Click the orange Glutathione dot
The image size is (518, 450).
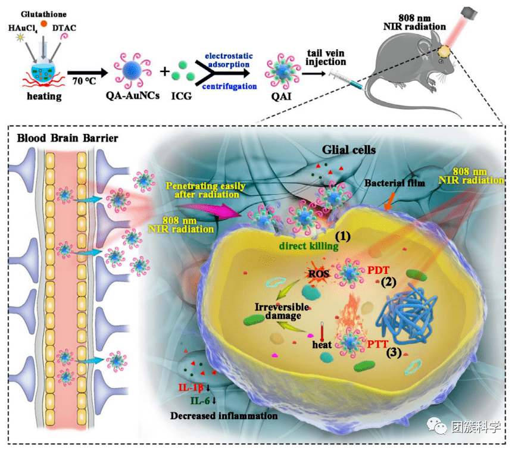[44, 23]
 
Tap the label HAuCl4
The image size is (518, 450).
[23, 29]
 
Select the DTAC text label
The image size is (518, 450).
[64, 28]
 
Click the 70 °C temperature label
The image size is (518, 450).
[84, 80]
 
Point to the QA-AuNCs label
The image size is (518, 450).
[132, 95]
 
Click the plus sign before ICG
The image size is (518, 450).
[164, 71]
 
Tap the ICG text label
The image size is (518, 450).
[182, 96]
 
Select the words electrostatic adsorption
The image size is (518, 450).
[229, 60]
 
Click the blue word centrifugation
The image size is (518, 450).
[230, 86]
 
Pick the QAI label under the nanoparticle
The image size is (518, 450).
[281, 96]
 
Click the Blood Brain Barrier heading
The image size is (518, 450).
[67, 137]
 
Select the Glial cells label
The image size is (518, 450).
[349, 150]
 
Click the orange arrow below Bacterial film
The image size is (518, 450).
[390, 201]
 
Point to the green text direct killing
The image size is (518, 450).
[308, 246]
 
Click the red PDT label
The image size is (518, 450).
[378, 270]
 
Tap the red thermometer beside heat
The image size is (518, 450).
[322, 332]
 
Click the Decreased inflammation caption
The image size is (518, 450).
[224, 415]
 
